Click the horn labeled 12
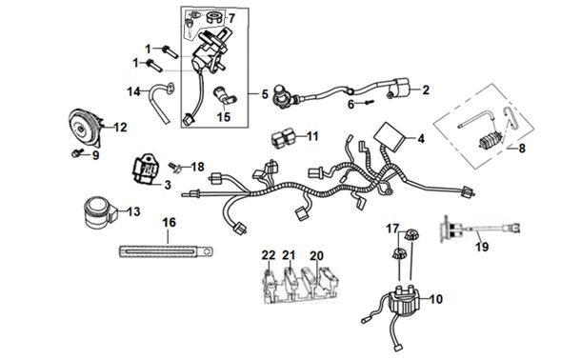pos(85,128)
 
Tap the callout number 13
pos(133,211)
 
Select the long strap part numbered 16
pos(167,251)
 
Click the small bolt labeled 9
pos(76,153)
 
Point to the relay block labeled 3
pos(146,170)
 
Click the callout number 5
pos(265,94)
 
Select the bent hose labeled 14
pos(161,103)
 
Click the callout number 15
pos(224,117)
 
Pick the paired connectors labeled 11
pos(284,139)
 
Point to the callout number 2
pos(426,90)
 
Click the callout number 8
pos(522,149)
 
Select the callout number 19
pos(482,247)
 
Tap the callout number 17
pos(392,229)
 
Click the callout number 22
pos(269,255)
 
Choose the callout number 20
pos(316,255)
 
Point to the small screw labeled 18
pos(174,168)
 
